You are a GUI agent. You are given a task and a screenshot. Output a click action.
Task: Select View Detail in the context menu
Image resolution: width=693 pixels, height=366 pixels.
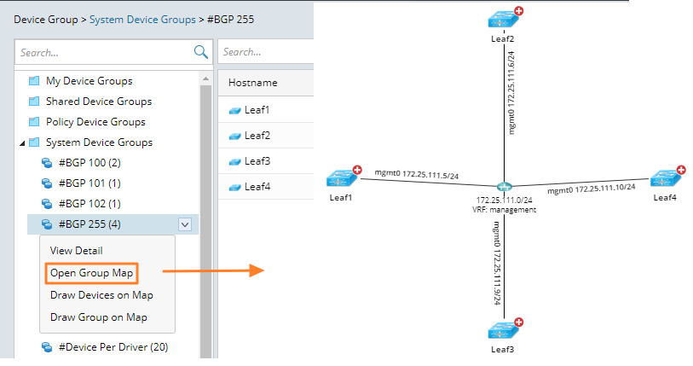point(77,251)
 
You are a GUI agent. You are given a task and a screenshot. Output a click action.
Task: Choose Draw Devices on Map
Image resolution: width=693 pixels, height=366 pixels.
point(101,295)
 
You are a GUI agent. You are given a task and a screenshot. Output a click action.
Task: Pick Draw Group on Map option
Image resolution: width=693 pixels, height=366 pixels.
point(98,317)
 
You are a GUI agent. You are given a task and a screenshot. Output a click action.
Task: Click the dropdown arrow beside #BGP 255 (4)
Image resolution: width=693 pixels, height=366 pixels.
point(185,224)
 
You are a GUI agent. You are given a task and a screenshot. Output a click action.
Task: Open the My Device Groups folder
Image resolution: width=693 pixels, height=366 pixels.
point(89,81)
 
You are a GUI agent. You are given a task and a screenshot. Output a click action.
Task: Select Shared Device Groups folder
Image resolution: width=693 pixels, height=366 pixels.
point(98,102)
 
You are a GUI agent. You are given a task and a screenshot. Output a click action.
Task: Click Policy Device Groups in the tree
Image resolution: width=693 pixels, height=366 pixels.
point(95,122)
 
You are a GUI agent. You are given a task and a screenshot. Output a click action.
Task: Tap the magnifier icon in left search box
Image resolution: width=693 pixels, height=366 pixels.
point(201,52)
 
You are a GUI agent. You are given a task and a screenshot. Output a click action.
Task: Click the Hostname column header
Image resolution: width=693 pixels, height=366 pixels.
point(253,83)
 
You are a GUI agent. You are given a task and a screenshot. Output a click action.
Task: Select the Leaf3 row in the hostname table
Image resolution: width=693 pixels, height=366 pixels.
point(257,161)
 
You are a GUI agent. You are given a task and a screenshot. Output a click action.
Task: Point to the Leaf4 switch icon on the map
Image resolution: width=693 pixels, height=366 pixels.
point(664,179)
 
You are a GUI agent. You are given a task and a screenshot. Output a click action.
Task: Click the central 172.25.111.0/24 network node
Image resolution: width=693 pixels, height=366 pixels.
point(505,188)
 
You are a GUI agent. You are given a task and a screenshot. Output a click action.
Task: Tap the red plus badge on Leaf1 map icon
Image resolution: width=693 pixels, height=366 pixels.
point(358,171)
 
